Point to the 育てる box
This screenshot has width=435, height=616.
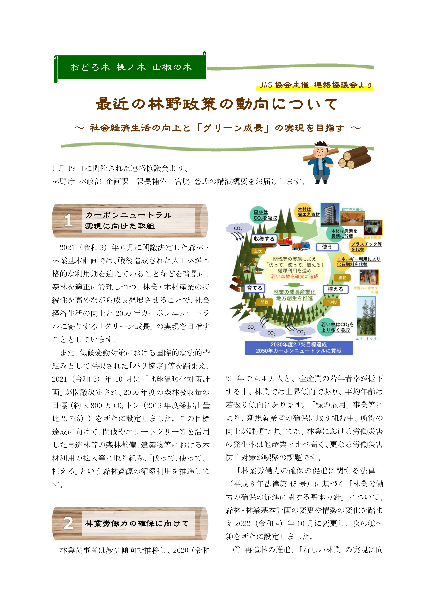(x=254, y=288)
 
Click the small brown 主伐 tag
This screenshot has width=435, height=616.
(x=258, y=251)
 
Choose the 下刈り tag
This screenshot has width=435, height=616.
(x=332, y=302)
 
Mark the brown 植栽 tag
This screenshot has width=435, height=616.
(x=342, y=278)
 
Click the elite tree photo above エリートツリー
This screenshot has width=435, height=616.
(x=366, y=316)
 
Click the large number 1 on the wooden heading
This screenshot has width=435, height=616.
(x=68, y=220)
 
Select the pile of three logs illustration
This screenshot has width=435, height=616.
(x=354, y=158)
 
